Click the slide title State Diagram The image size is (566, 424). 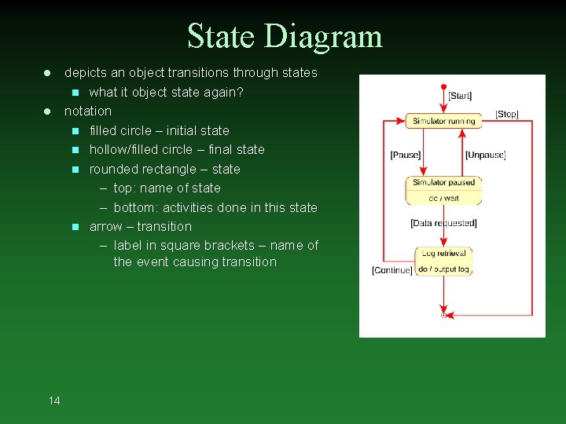pos(285,37)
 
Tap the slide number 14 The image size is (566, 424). pos(53,401)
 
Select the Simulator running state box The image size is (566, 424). pos(443,121)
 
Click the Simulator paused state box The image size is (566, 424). pos(443,190)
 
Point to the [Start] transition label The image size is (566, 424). pos(460,96)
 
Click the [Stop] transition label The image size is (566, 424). pos(507,115)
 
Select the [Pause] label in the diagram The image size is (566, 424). pos(405,155)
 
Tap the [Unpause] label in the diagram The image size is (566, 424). pos(485,155)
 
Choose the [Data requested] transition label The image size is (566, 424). pos(443,224)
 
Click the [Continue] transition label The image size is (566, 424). pos(391,271)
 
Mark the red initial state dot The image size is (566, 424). pos(444,86)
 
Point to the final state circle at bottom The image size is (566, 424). pos(443,315)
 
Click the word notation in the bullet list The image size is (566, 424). pos(88,111)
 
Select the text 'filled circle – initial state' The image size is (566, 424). pos(160,130)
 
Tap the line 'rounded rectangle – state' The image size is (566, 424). pos(165,169)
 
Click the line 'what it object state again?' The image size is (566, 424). pos(167,92)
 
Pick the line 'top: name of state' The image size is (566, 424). pos(167,188)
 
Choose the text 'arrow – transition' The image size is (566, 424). pos(141,226)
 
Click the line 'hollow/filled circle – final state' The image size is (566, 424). pos(177,149)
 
